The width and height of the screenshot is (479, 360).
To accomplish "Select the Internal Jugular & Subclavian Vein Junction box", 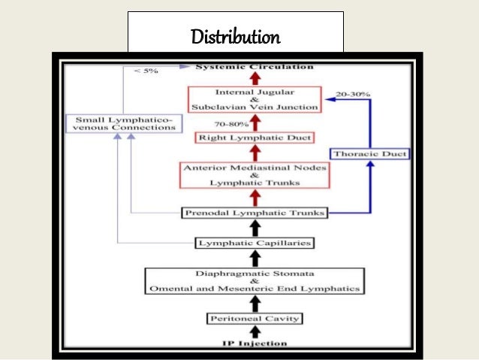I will pos(255,99).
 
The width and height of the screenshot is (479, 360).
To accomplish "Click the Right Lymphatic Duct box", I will pos(255,138).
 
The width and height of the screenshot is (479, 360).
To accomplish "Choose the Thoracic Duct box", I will pos(370,154).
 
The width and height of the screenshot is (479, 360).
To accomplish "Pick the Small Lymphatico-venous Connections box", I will pos(125,123).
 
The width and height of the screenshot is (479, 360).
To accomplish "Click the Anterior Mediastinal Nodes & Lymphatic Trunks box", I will pos(255,175).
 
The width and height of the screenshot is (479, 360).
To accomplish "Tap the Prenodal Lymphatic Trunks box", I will pos(255,213).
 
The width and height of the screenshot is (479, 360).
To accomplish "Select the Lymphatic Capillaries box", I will pos(255,243).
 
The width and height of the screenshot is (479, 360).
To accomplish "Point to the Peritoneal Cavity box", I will pos(255,319).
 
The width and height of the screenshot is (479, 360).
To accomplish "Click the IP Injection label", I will pos(255,343).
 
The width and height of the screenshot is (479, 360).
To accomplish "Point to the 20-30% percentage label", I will pos(354,94).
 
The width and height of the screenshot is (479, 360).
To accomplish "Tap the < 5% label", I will pos(147,71).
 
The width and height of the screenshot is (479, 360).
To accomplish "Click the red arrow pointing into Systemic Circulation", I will pos(255,78).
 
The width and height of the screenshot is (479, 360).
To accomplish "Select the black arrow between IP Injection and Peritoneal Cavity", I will pos(255,331).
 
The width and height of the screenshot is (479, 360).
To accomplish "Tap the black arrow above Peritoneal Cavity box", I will pos(255,302).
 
